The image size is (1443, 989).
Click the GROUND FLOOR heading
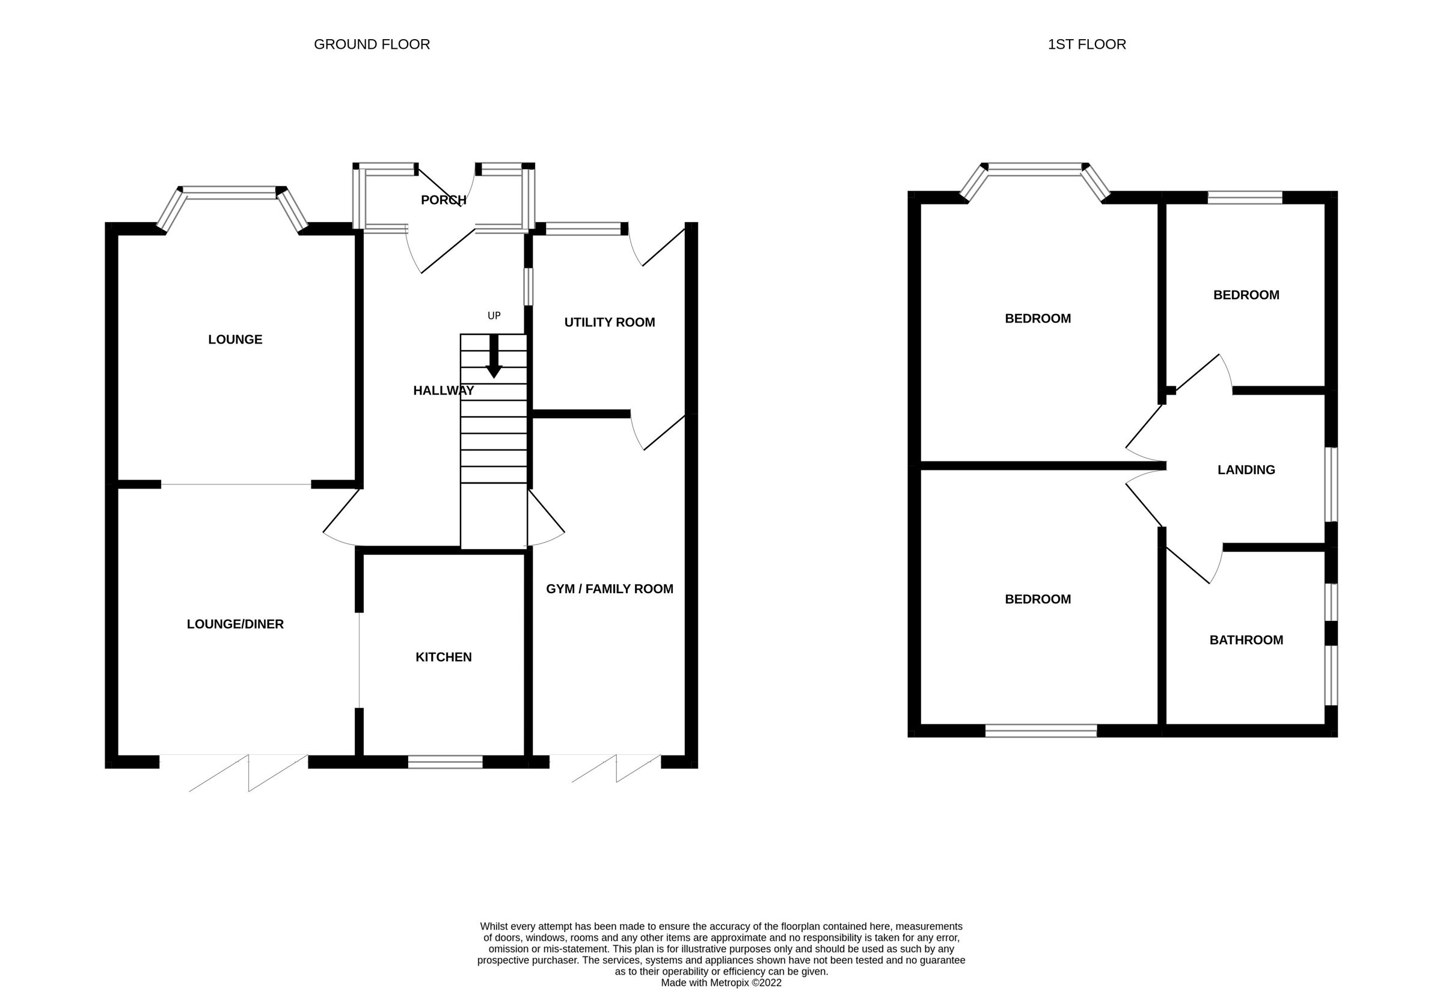pos(372,45)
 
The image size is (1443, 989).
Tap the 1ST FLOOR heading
pos(1086,45)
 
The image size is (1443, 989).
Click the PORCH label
pos(443,200)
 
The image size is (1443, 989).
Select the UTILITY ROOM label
pos(609,322)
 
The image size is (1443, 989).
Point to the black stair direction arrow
pos(494,357)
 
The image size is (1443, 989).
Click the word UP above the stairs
pos(494,316)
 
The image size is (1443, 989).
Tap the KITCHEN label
pos(443,658)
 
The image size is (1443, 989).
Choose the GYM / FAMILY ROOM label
pos(609,589)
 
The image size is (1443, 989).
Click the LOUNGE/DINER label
pos(234,624)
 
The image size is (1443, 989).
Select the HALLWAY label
pos(443,391)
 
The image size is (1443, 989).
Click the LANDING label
pos(1246,470)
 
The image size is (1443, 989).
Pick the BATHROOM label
pos(1246,641)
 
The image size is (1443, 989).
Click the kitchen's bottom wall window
pos(444,762)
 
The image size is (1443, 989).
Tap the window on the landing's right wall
pos(1331,484)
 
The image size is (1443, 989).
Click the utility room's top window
pos(583,229)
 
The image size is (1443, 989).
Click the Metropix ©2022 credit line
pos(721,983)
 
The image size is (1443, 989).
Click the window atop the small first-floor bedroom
pos(1245,197)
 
